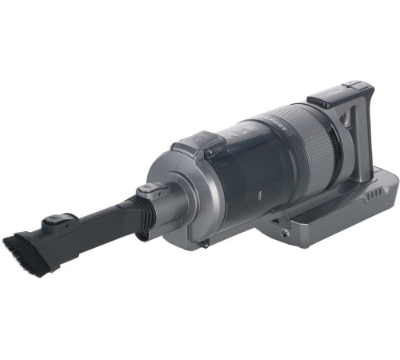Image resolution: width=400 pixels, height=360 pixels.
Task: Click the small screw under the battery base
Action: [284, 233]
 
